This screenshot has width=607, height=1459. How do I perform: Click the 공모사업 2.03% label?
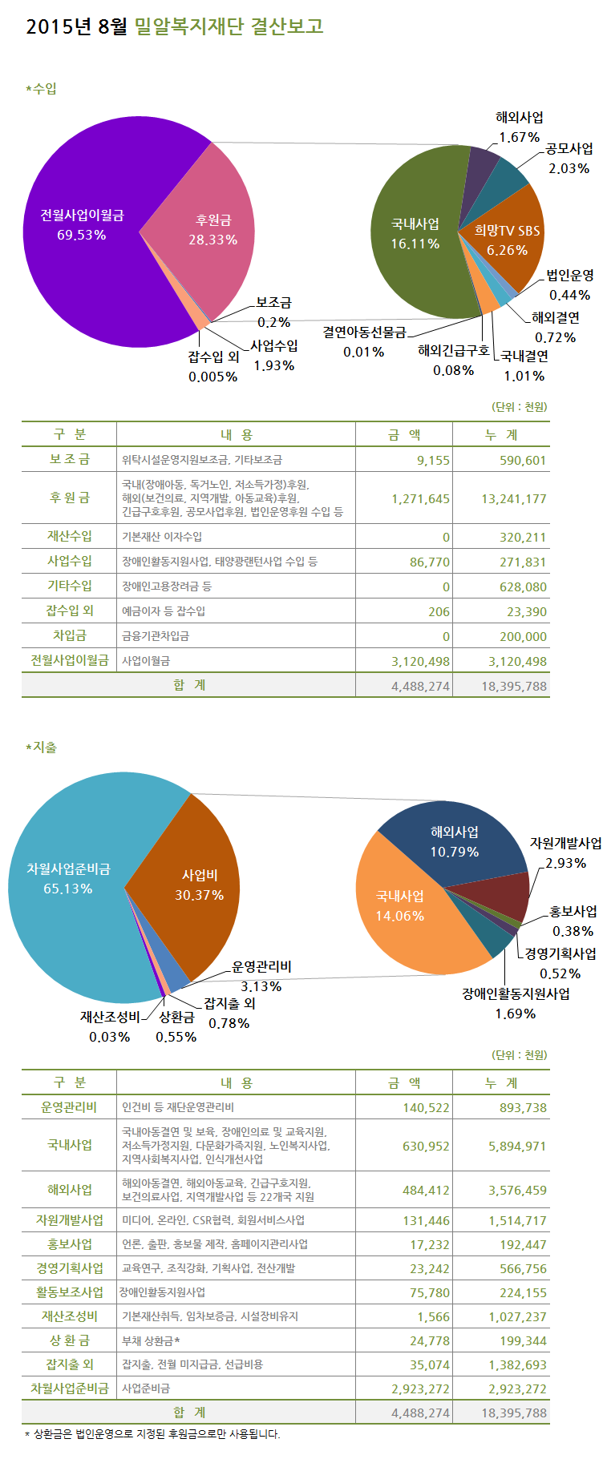tap(569, 158)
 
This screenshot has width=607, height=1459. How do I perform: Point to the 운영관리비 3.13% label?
tap(261, 976)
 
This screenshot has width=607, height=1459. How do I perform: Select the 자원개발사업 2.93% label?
tap(565, 852)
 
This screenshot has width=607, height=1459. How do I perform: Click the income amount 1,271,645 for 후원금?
tap(420, 498)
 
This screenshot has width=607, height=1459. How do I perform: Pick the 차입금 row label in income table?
tap(71, 635)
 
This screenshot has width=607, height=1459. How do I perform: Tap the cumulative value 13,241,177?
tap(513, 498)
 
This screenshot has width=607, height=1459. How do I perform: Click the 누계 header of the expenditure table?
tap(502, 1082)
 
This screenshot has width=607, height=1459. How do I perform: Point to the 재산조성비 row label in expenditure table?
tap(70, 1316)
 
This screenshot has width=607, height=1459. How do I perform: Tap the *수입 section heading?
tap(42, 89)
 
